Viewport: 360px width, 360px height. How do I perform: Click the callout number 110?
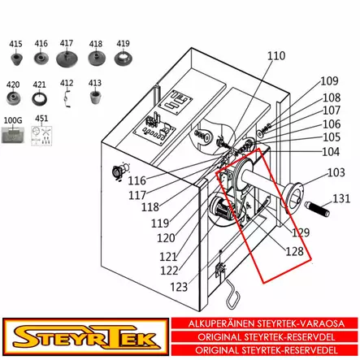[276, 56]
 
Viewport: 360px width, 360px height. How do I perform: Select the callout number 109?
[329, 80]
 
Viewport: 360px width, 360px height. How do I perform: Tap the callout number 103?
[336, 172]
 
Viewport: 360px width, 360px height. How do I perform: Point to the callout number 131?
[341, 198]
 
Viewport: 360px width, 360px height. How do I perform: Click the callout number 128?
[294, 251]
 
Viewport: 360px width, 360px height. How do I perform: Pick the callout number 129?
[301, 233]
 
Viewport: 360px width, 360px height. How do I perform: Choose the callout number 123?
[179, 287]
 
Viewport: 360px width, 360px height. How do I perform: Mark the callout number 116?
[137, 180]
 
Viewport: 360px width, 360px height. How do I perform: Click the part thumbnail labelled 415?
[15, 62]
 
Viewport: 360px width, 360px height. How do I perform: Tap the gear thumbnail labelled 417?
[67, 59]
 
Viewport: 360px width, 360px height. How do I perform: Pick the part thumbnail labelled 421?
[40, 99]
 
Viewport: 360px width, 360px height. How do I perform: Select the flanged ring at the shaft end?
[289, 198]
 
